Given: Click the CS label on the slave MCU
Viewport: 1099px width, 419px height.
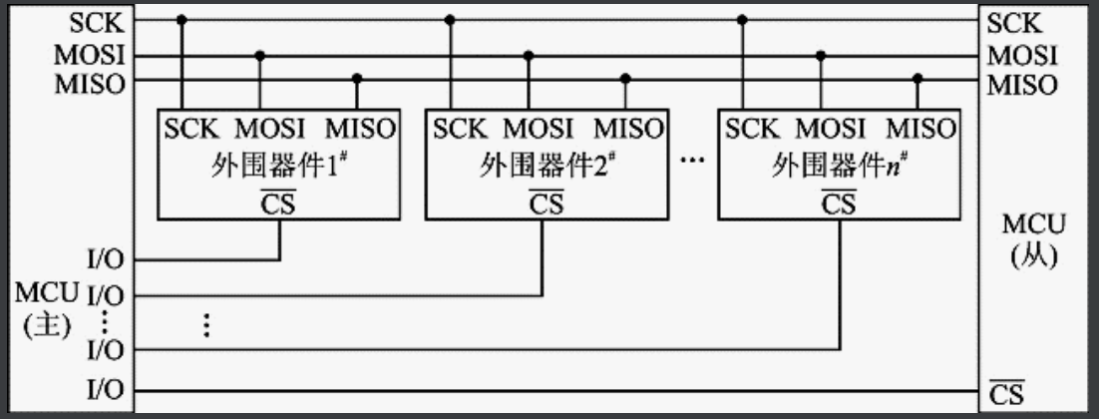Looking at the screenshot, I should (1005, 391).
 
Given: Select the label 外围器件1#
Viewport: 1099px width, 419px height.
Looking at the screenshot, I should (277, 166).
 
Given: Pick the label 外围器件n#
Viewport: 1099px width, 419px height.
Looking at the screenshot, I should (837, 166).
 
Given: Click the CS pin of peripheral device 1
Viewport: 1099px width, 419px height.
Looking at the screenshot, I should (279, 204).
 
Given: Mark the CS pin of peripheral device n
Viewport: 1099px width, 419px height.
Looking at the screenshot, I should (838, 204).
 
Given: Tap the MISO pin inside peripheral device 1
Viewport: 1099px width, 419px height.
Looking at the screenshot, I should (360, 130).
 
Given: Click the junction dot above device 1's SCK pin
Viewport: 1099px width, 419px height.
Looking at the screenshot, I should (182, 19).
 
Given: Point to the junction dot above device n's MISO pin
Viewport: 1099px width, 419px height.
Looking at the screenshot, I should (917, 78).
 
